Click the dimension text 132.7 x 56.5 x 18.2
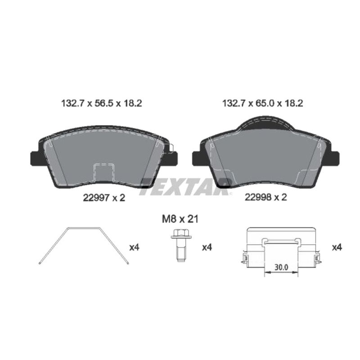click(x=101, y=103)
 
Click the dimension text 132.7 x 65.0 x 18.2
click(x=263, y=103)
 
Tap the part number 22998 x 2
click(x=265, y=197)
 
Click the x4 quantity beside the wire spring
click(x=134, y=247)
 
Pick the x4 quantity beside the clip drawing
click(x=337, y=247)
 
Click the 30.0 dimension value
click(x=280, y=267)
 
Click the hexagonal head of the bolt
click(x=179, y=234)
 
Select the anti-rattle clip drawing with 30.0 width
click(x=281, y=250)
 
